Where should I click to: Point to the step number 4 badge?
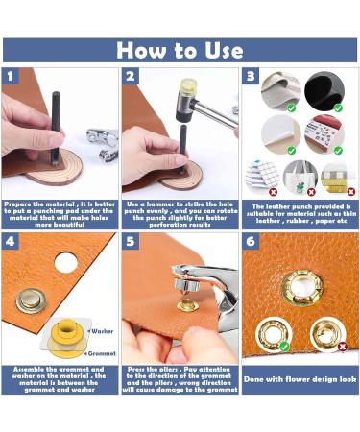point(11,242)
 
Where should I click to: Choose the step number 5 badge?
point(131,242)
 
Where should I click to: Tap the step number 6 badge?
point(251,242)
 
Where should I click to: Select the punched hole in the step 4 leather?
point(66,261)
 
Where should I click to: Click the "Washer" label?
point(104,330)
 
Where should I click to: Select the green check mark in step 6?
point(284,347)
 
